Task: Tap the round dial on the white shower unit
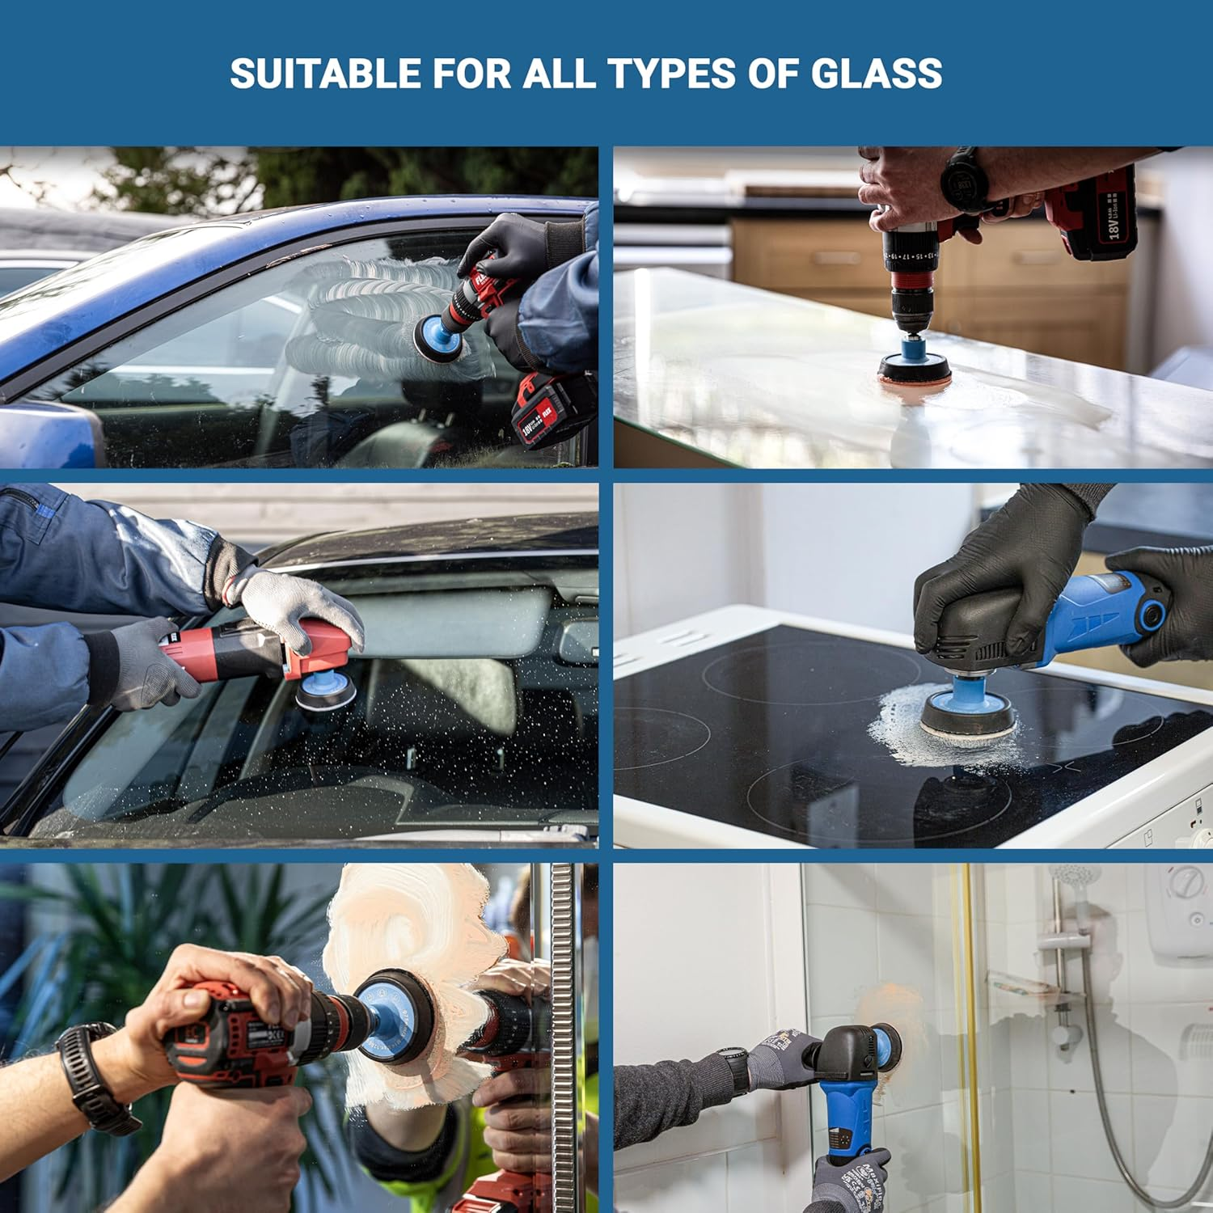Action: [x=1186, y=881]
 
